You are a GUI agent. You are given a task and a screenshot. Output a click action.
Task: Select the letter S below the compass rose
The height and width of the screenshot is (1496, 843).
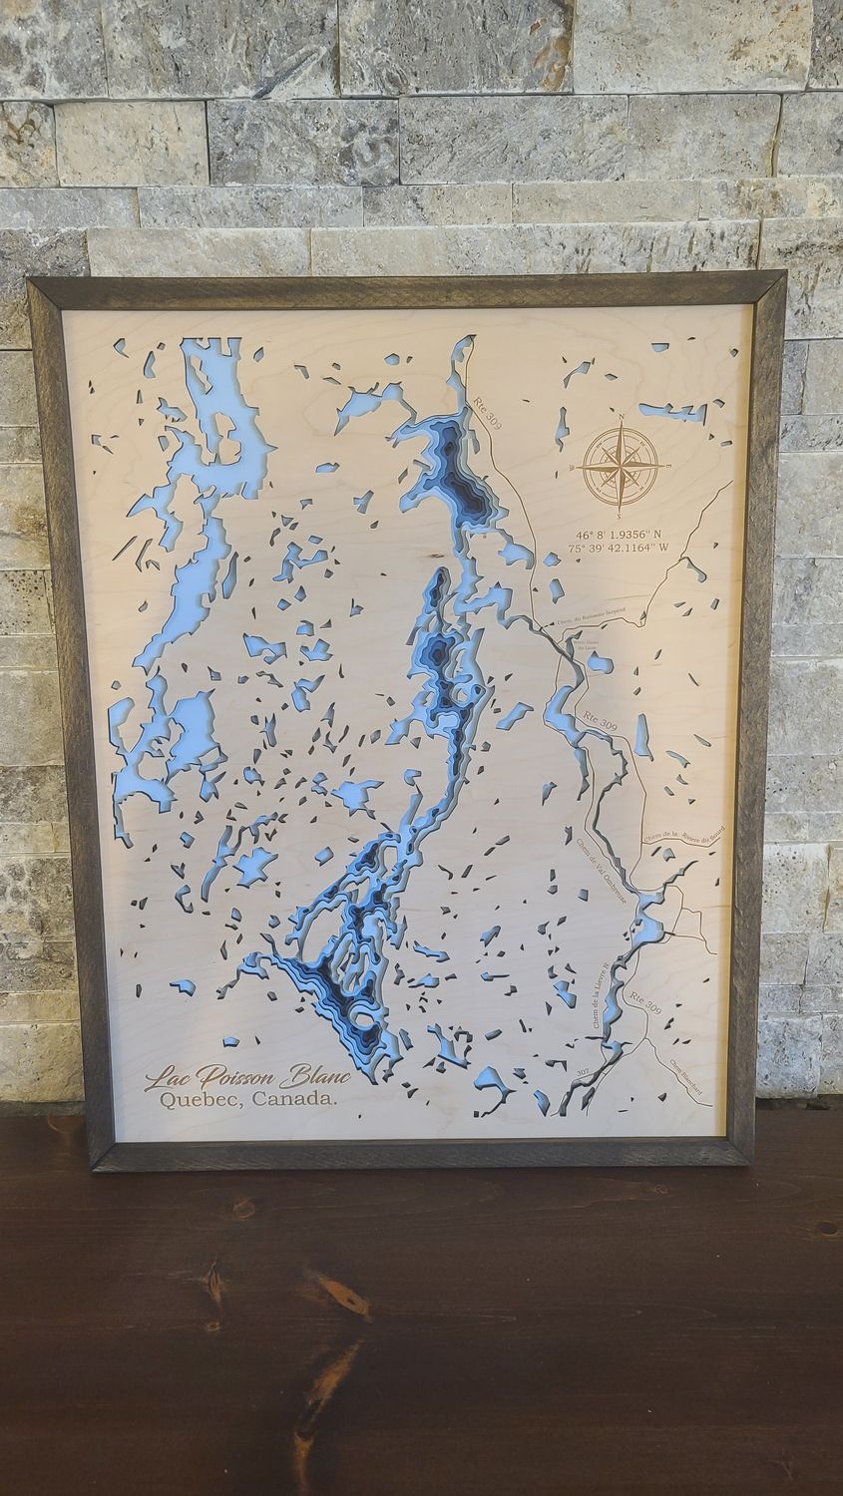pyautogui.click(x=620, y=516)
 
